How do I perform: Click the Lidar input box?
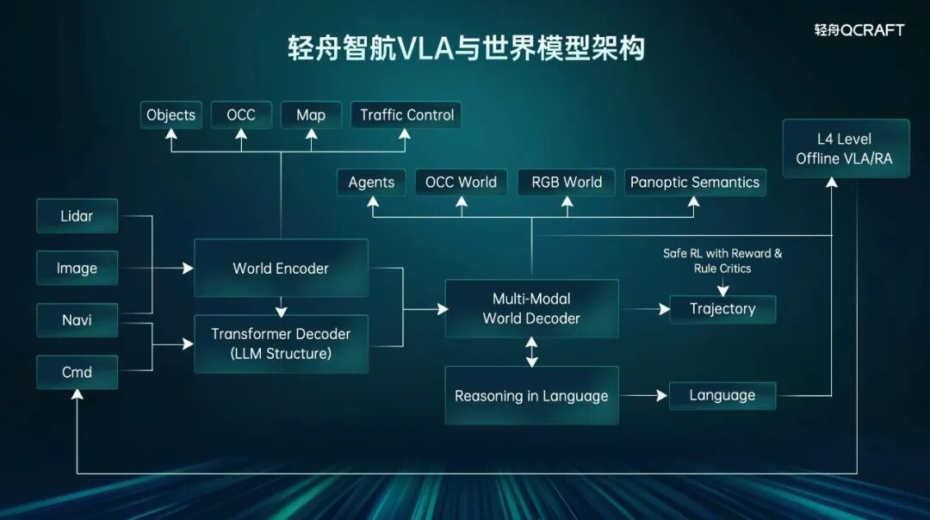[77, 216]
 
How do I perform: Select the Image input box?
[77, 268]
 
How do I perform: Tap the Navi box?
[77, 320]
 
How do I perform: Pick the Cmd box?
[77, 373]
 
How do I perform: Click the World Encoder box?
[281, 268]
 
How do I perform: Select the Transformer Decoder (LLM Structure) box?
[281, 344]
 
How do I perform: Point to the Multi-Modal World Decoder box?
[531, 308]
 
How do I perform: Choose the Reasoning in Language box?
[531, 395]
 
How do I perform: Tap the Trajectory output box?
[722, 309]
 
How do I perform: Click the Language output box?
[722, 395]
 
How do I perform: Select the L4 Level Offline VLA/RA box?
[846, 148]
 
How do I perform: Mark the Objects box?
[170, 115]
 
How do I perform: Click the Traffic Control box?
[406, 115]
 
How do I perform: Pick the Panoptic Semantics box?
[695, 182]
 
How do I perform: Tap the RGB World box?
[567, 182]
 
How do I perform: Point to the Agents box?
[371, 182]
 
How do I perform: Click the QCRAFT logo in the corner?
[859, 29]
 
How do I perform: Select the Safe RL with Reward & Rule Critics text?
[722, 261]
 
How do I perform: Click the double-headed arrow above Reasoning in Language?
[531, 352]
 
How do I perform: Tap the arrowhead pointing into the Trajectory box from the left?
[664, 309]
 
